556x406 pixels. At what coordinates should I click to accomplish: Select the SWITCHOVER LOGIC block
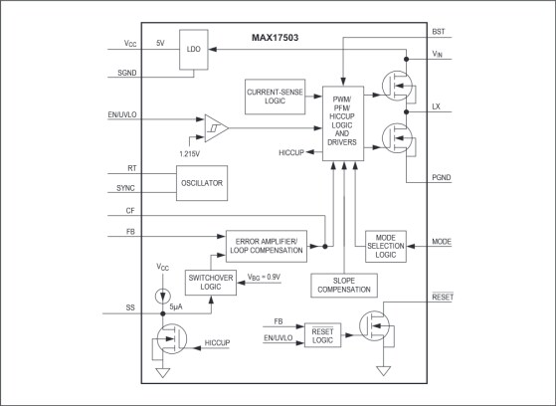point(210,284)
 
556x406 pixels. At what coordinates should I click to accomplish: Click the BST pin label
point(439,32)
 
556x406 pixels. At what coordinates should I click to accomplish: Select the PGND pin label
point(442,178)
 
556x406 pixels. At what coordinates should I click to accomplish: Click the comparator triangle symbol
point(217,128)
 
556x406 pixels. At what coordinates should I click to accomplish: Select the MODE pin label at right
point(441,240)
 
